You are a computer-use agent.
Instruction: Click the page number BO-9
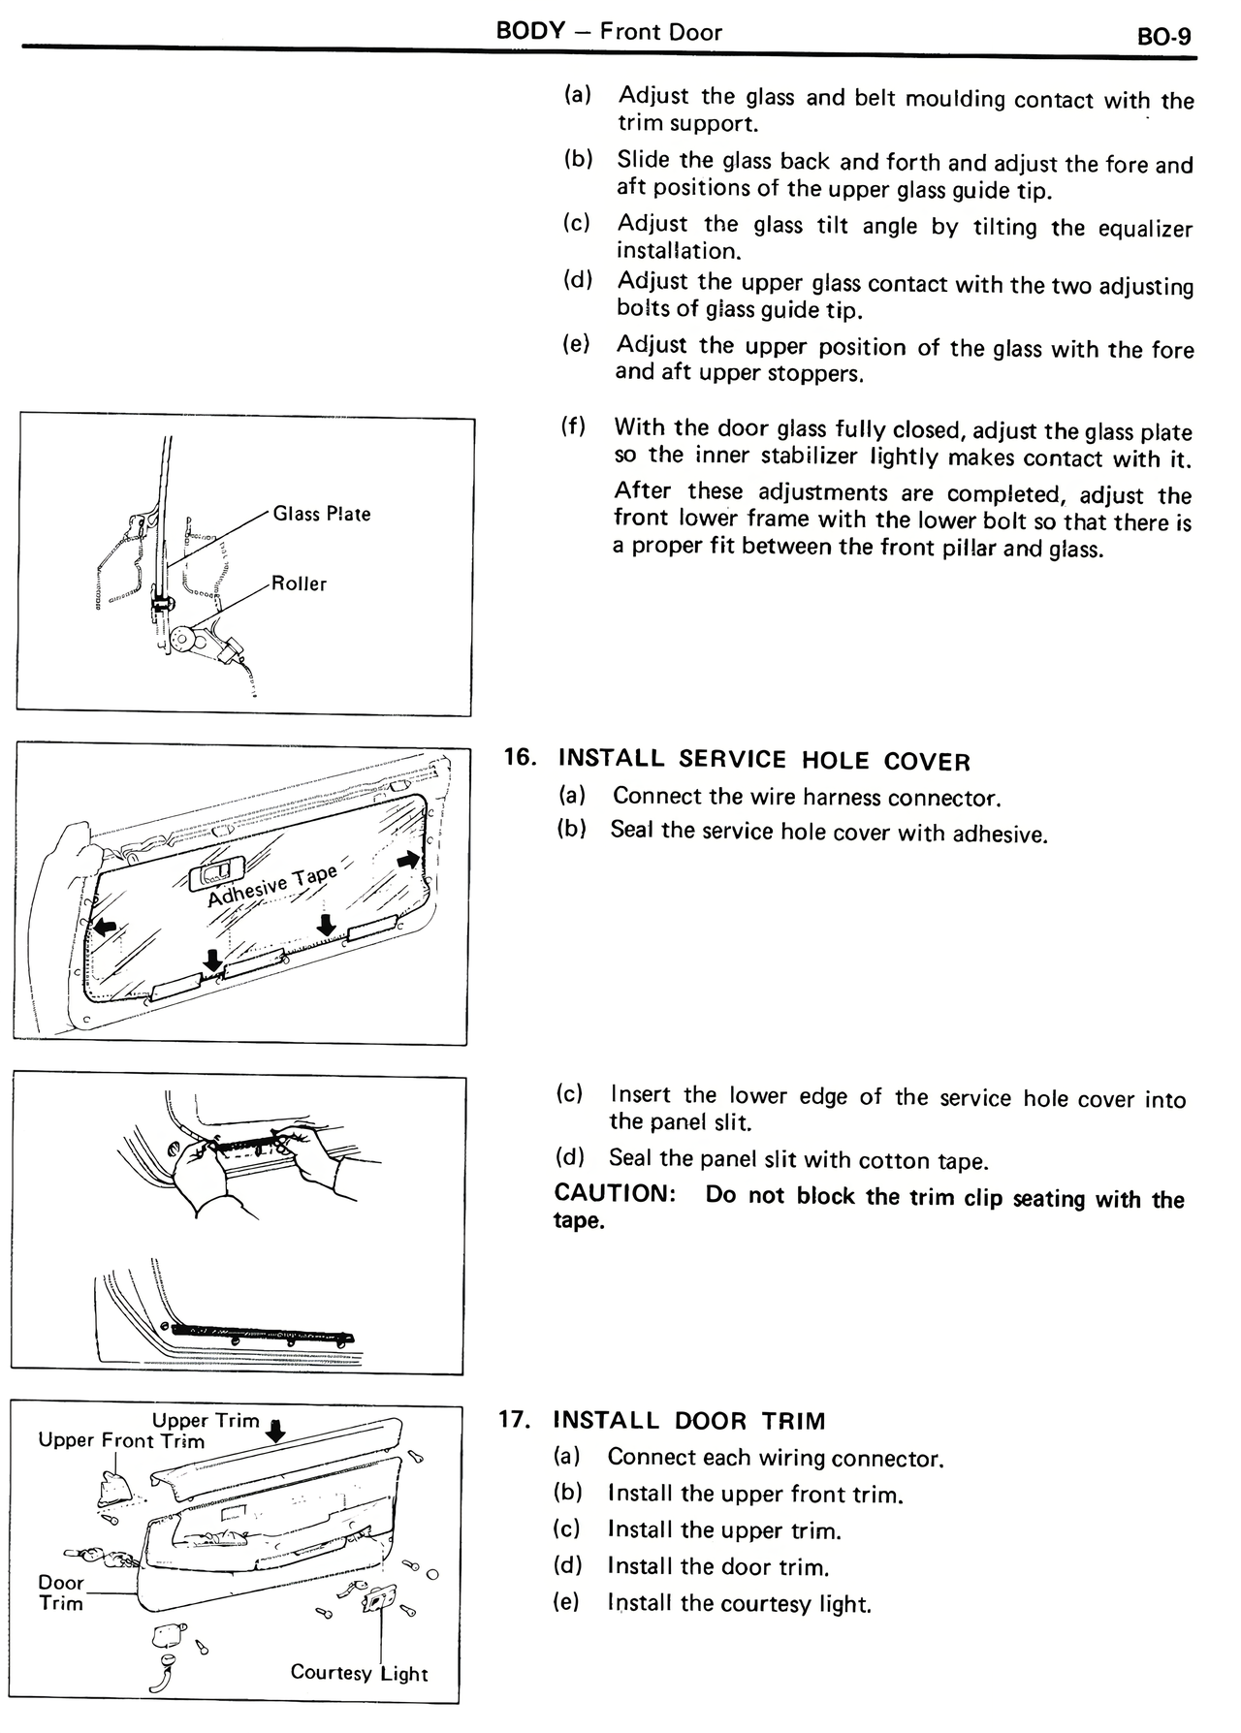pos(1162,38)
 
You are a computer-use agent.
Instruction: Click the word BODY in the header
pos(529,30)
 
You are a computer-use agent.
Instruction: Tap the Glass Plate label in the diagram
pos(321,514)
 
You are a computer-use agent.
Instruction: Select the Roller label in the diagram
pos(299,583)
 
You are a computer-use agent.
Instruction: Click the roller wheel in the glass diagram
pos(181,639)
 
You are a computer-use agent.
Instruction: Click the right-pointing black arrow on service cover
pos(409,860)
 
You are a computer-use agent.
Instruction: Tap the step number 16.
pos(520,757)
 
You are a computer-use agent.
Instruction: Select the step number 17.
pos(514,1420)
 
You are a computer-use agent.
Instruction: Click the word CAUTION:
pos(614,1193)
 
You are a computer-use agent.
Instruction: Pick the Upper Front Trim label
pos(121,1440)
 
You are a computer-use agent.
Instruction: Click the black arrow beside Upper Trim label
pos(276,1430)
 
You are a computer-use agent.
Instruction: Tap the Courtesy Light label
pos(359,1673)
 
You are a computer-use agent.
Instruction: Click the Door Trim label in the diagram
pos(60,1592)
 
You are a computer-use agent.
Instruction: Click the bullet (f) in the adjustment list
pos(573,425)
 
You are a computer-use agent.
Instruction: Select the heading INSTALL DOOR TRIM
pos(688,1421)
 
